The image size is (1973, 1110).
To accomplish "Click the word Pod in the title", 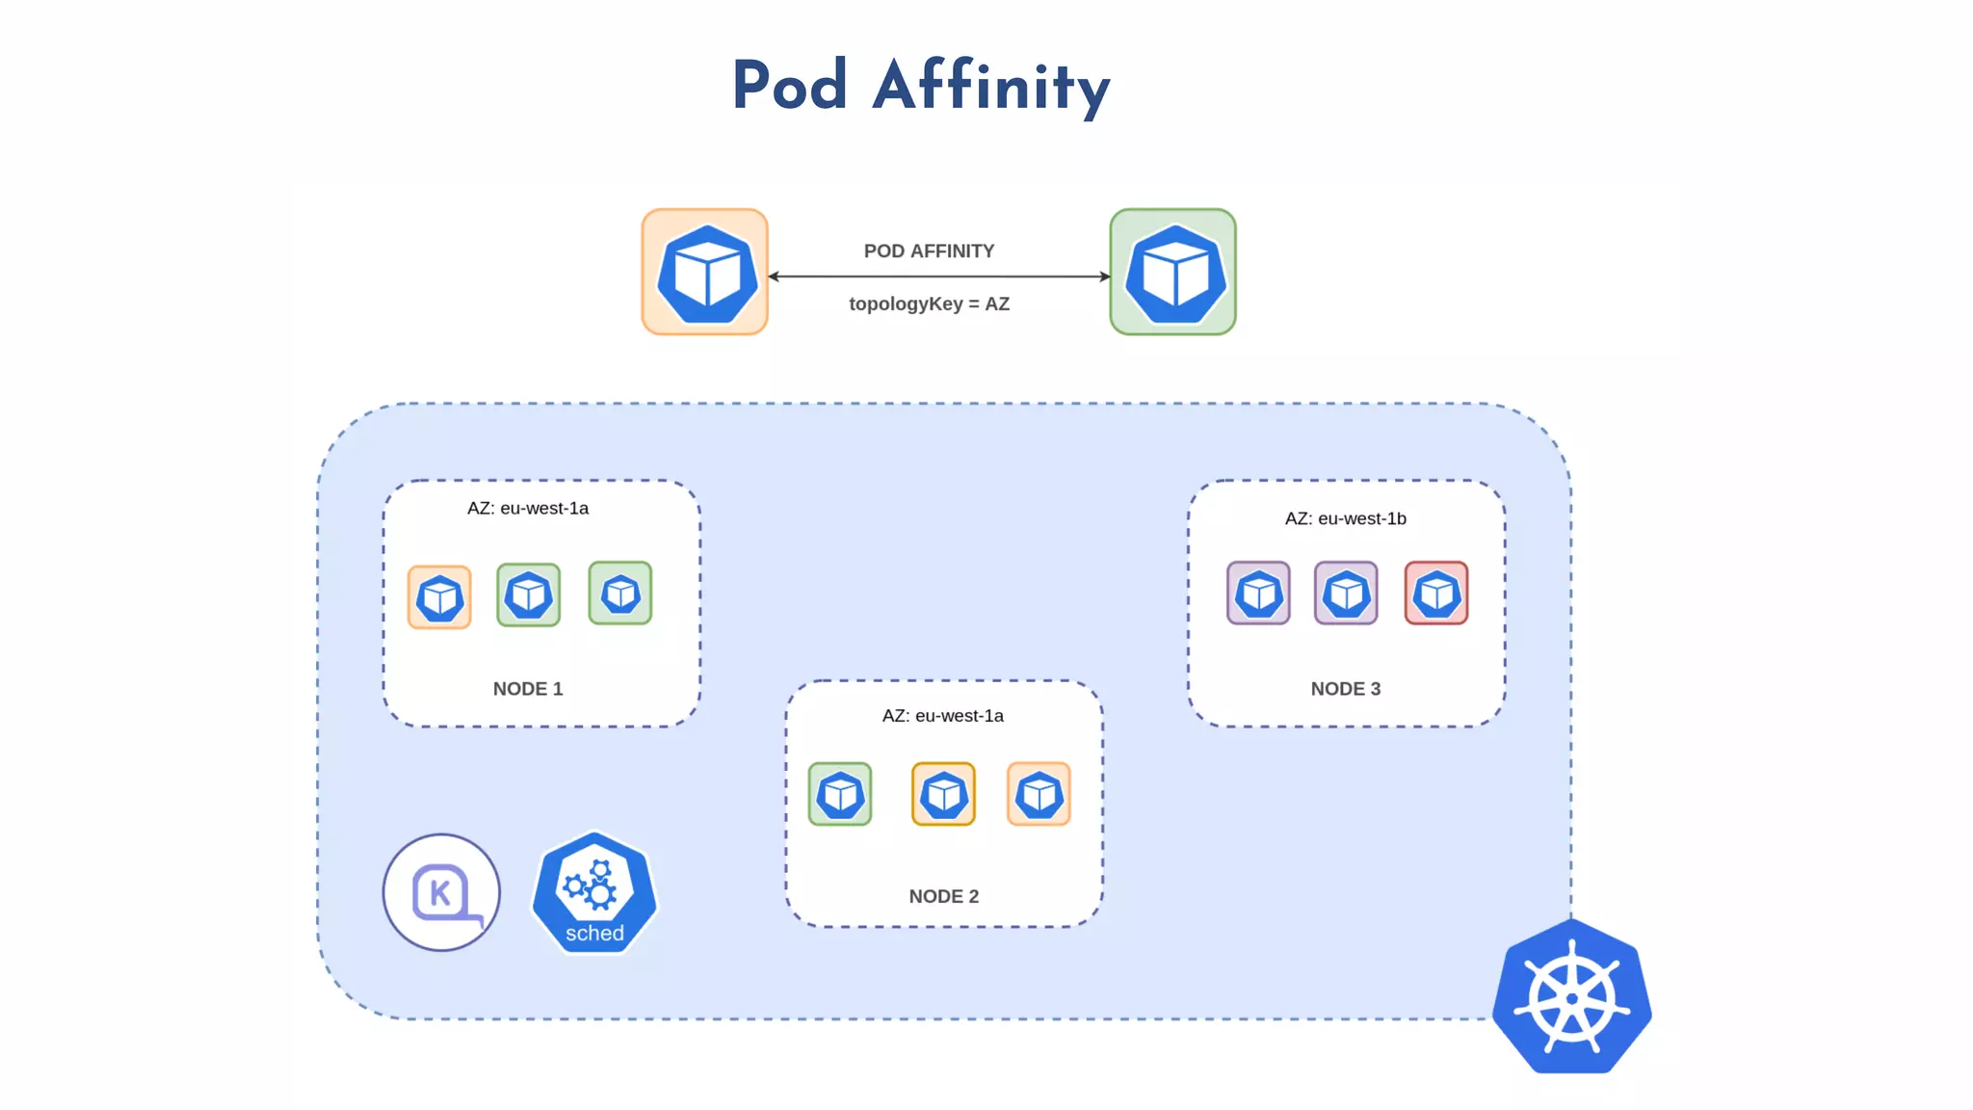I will pos(789,86).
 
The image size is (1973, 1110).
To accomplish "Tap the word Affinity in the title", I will pos(991,86).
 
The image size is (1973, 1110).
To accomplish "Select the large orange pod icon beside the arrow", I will pos(705,273).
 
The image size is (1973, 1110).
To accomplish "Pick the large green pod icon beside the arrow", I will pos(1172,273).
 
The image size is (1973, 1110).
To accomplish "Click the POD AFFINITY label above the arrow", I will pos(929,251).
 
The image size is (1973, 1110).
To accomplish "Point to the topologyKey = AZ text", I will pos(929,304).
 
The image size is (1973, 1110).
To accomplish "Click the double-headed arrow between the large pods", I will pos(939,277).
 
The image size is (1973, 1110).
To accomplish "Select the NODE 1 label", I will pos(528,689).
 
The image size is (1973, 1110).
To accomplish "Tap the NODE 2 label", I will pos(943,896).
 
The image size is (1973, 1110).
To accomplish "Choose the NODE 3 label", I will pos(1345,689).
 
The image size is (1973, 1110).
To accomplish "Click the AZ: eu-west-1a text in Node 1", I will pos(528,509).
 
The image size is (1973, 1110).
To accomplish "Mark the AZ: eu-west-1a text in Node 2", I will pos(942,716).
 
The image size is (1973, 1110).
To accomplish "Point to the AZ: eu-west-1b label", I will pos(1345,518).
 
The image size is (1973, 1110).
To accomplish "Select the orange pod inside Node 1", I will pos(439,597).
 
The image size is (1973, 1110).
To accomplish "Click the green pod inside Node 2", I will pos(840,794).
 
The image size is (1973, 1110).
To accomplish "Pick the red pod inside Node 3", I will pos(1435,594).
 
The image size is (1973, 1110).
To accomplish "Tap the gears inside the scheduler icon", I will pos(591,885).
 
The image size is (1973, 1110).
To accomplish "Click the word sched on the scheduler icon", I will pos(594,933).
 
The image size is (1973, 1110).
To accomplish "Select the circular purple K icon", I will pos(441,892).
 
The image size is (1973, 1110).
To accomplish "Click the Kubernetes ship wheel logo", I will pos(1571,997).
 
